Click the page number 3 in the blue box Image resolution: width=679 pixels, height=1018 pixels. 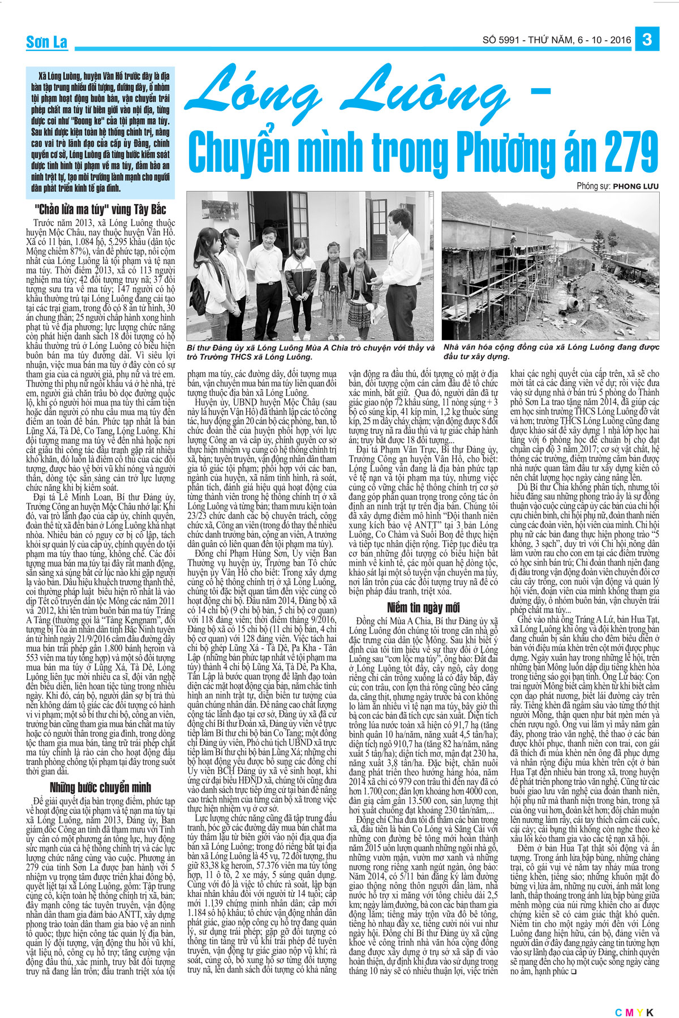coord(648,40)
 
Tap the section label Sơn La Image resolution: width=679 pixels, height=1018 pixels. coord(46,42)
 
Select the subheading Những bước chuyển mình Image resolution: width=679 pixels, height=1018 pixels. coord(101,787)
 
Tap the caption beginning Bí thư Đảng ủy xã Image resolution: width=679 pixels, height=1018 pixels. coord(310,352)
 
